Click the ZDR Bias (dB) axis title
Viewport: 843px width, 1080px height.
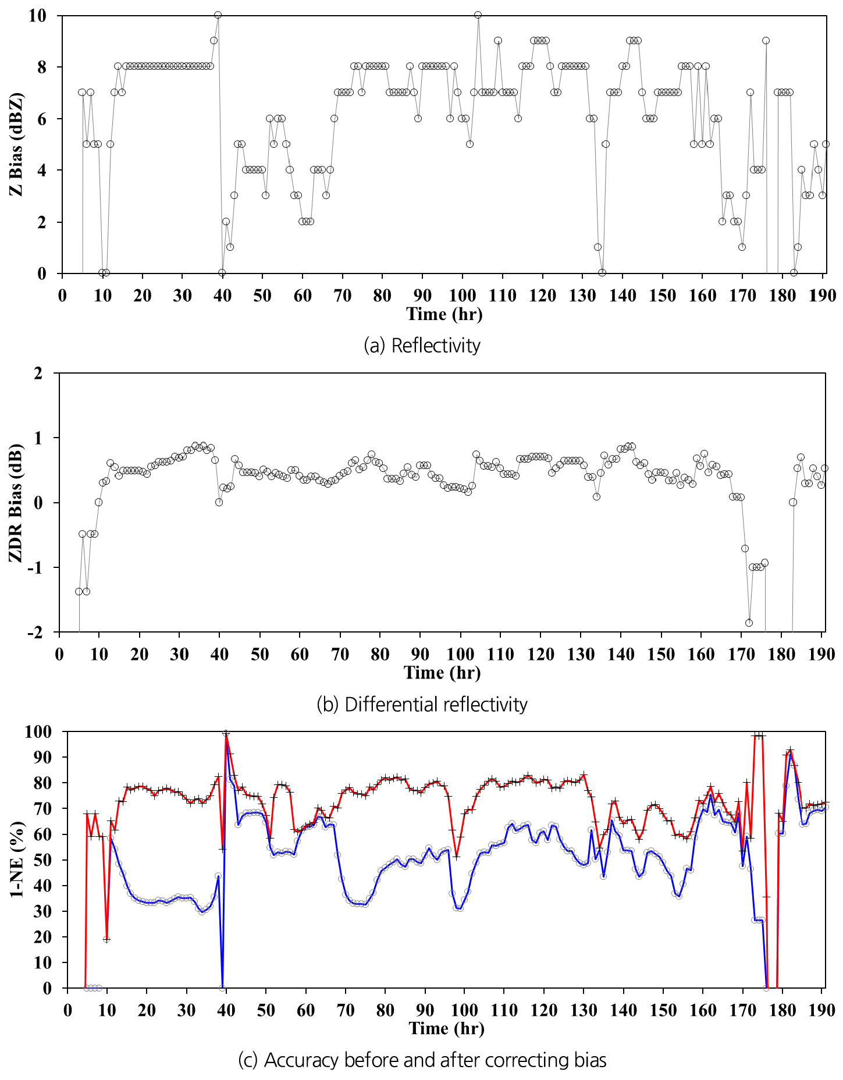(x=16, y=503)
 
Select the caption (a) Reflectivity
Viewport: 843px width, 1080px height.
(x=422, y=346)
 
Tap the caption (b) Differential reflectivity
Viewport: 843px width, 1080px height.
(x=422, y=705)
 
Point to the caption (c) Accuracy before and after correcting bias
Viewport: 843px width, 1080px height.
(x=422, y=1060)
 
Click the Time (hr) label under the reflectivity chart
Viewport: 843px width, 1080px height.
(x=444, y=314)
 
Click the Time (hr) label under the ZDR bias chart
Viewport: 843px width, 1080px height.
(x=442, y=673)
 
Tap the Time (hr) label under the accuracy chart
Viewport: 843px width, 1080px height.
(x=446, y=1028)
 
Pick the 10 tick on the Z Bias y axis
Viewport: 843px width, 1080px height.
(x=37, y=16)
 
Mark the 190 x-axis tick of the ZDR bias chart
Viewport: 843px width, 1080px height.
(x=821, y=654)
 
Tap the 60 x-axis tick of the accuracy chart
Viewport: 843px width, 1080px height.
(x=306, y=1010)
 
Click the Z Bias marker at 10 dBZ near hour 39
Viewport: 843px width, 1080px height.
(x=218, y=15)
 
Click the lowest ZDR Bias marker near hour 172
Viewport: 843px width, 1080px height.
(x=749, y=623)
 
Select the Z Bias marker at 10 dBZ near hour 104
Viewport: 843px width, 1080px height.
(x=478, y=15)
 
